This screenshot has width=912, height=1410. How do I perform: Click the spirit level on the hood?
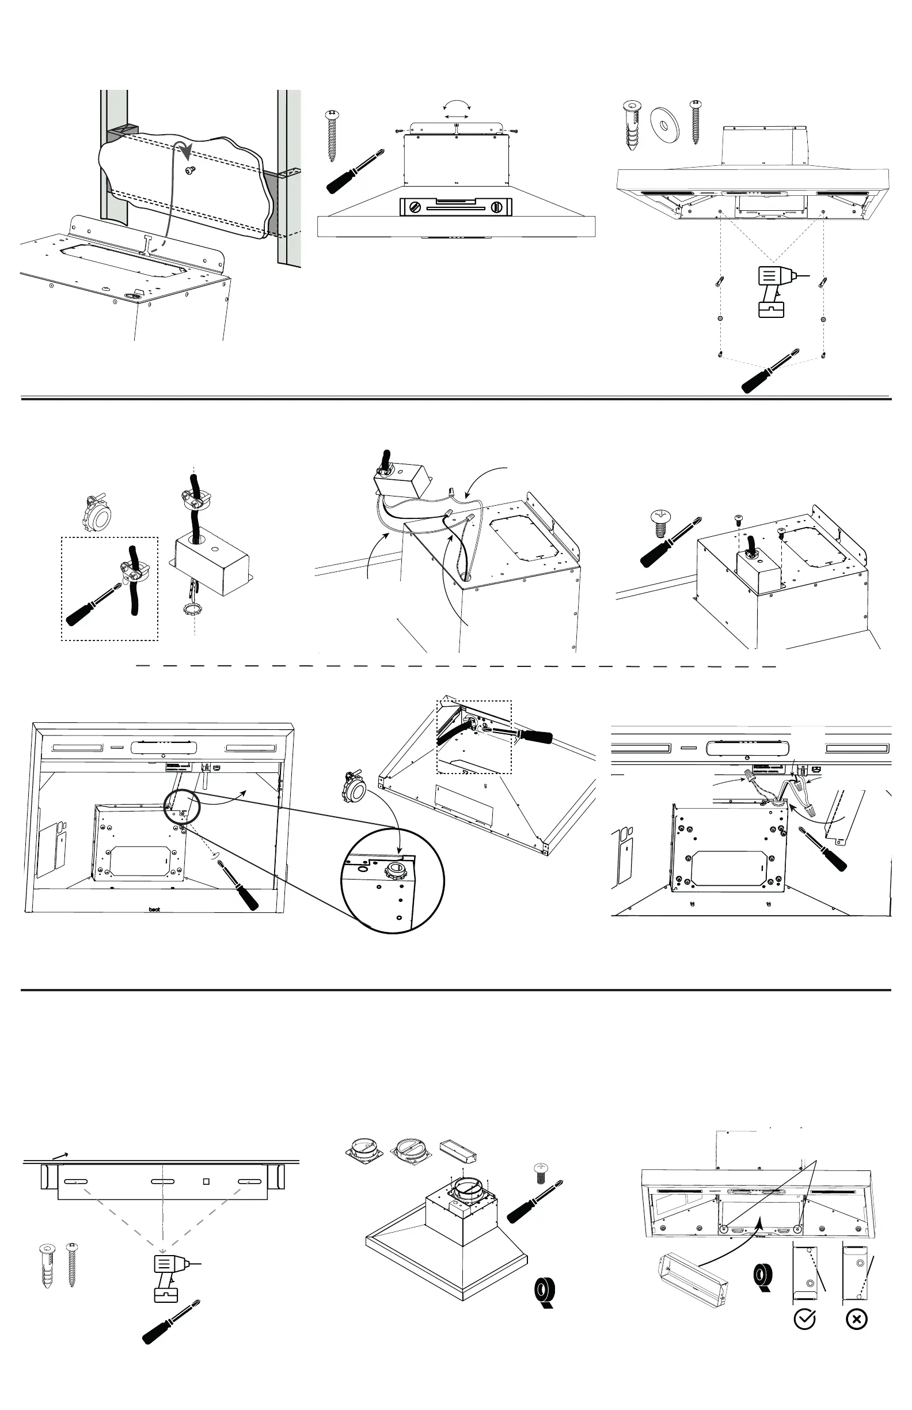point(455,207)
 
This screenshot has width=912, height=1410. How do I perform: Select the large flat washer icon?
point(664,121)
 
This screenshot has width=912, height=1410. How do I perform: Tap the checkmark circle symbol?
point(804,1319)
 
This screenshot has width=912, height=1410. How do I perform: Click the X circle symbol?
point(856,1320)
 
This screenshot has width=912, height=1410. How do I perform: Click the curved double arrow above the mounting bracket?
point(457,105)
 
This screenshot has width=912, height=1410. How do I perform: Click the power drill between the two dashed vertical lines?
point(773,290)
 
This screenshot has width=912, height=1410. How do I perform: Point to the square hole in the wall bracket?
point(206,1181)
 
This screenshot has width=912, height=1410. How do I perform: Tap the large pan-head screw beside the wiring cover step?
point(660,523)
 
